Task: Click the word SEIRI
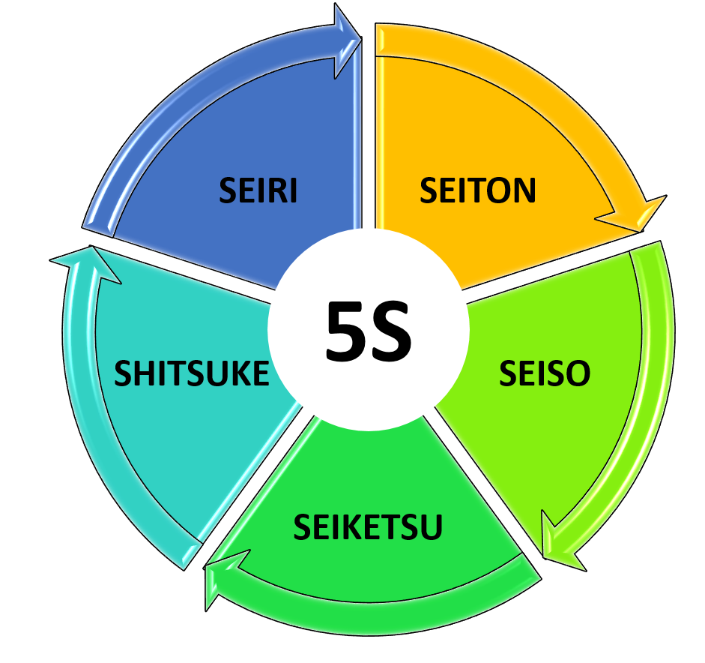click(258, 190)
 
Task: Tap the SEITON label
click(477, 190)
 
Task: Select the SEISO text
click(544, 373)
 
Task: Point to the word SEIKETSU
click(368, 526)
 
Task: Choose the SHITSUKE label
click(192, 373)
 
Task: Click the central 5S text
click(369, 331)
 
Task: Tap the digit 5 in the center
click(345, 331)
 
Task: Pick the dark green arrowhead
click(223, 578)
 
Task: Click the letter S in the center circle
click(390, 331)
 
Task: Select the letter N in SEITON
click(524, 190)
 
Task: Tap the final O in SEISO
click(578, 373)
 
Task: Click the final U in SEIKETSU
click(432, 527)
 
